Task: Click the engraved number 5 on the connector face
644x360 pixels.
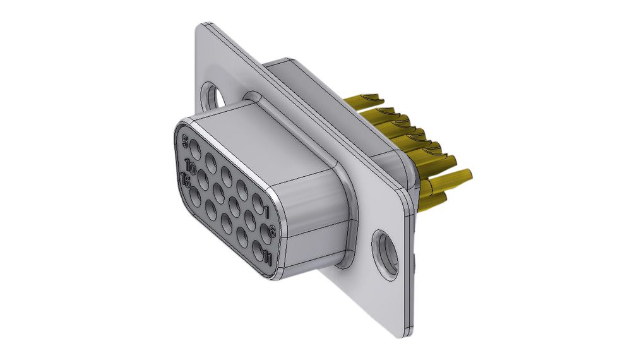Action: pos(185,142)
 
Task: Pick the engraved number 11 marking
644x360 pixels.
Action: pos(268,258)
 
